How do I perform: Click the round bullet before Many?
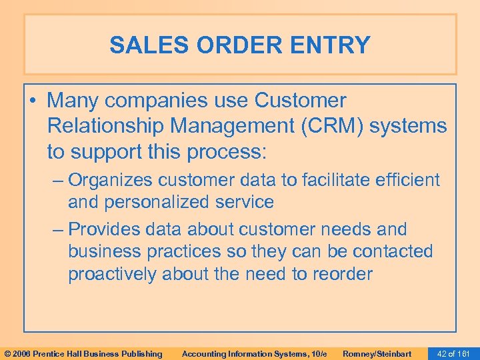click(33, 101)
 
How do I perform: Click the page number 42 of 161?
click(453, 353)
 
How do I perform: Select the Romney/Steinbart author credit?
click(377, 353)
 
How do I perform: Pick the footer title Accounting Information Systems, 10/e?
click(255, 353)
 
